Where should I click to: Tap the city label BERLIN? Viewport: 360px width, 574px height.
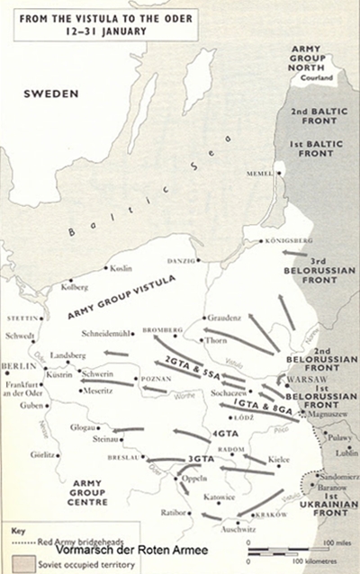tap(17, 366)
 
